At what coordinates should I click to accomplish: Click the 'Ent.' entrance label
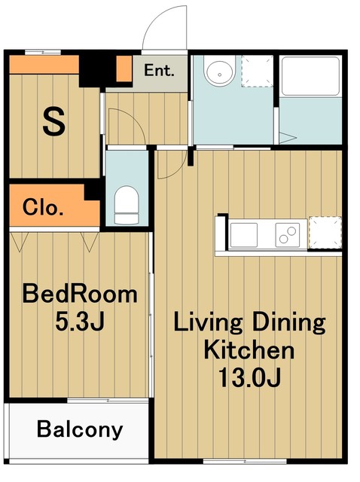(x=159, y=70)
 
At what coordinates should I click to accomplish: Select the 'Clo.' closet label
(x=43, y=208)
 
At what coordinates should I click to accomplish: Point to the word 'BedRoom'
(x=80, y=294)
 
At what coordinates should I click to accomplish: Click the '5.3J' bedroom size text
(x=80, y=322)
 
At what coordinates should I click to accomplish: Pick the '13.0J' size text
(x=249, y=377)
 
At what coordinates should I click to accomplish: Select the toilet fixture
(x=127, y=205)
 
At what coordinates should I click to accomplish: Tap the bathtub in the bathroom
(x=310, y=76)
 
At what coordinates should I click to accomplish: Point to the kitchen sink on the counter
(x=244, y=235)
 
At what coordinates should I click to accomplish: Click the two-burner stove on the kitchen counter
(x=288, y=235)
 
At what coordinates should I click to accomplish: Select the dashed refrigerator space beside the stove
(x=325, y=233)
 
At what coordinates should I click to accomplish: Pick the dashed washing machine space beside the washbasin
(x=257, y=71)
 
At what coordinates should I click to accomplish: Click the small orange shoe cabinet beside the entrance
(x=124, y=69)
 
